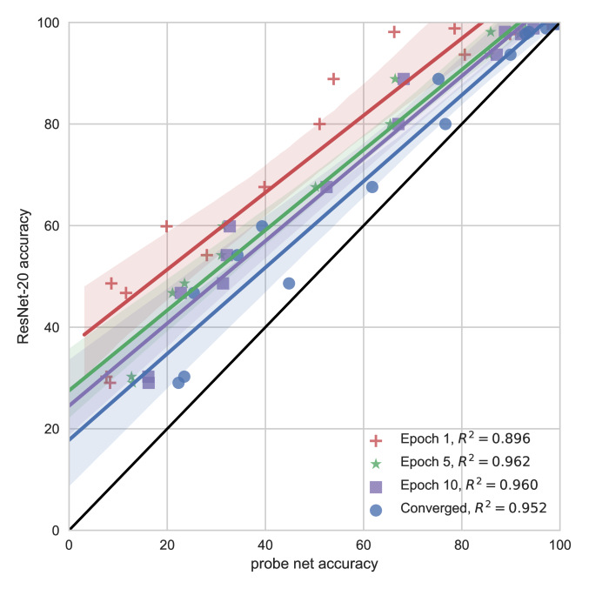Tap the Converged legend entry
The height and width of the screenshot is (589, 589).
coord(462,511)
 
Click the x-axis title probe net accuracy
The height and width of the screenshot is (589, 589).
coord(314,564)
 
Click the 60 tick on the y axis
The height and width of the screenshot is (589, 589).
coord(52,225)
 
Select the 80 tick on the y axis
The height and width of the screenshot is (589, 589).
coord(52,124)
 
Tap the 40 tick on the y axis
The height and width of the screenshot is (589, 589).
coord(52,327)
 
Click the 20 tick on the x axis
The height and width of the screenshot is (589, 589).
coord(167,545)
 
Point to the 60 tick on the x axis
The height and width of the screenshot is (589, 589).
coord(363,545)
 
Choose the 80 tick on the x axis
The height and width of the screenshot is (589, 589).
coord(461,545)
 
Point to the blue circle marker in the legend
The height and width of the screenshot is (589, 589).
coord(376,511)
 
